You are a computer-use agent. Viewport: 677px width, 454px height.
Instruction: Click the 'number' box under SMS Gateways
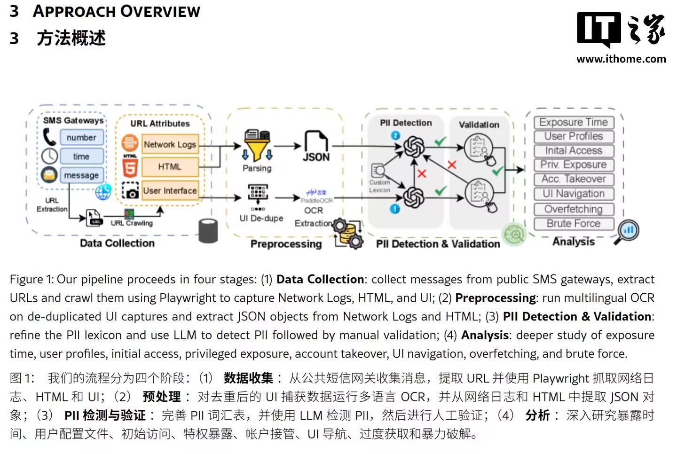pyautogui.click(x=81, y=138)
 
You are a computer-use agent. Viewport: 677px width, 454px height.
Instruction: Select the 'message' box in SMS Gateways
pyautogui.click(x=81, y=175)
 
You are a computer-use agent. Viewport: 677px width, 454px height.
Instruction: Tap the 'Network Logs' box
pyautogui.click(x=170, y=144)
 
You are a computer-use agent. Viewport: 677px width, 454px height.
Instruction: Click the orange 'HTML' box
pyautogui.click(x=170, y=166)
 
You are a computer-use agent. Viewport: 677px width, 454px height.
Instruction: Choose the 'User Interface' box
pyautogui.click(x=170, y=190)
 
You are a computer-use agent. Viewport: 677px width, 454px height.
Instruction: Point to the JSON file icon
pyautogui.click(x=316, y=146)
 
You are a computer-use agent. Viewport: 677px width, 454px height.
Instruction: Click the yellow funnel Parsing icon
pyautogui.click(x=257, y=146)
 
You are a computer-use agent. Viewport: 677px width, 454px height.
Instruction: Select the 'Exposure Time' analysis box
pyautogui.click(x=574, y=122)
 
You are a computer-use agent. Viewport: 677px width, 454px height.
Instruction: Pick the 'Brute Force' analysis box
pyautogui.click(x=574, y=224)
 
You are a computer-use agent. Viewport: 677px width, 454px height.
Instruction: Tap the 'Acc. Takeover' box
pyautogui.click(x=574, y=179)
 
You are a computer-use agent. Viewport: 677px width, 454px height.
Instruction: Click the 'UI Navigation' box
pyautogui.click(x=574, y=194)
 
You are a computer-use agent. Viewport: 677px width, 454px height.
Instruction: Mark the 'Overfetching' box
pyautogui.click(x=574, y=209)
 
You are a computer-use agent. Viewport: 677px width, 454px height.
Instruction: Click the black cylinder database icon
pyautogui.click(x=208, y=230)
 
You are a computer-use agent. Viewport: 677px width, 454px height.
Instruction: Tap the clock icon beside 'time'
pyautogui.click(x=49, y=156)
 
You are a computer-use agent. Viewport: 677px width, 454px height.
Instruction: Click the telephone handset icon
pyautogui.click(x=49, y=137)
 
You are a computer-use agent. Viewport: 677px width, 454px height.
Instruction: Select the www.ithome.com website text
pyautogui.click(x=621, y=59)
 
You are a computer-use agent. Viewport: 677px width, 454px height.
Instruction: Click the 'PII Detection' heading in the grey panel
pyautogui.click(x=406, y=123)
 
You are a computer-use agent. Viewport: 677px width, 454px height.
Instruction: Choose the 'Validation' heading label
pyautogui.click(x=479, y=125)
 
